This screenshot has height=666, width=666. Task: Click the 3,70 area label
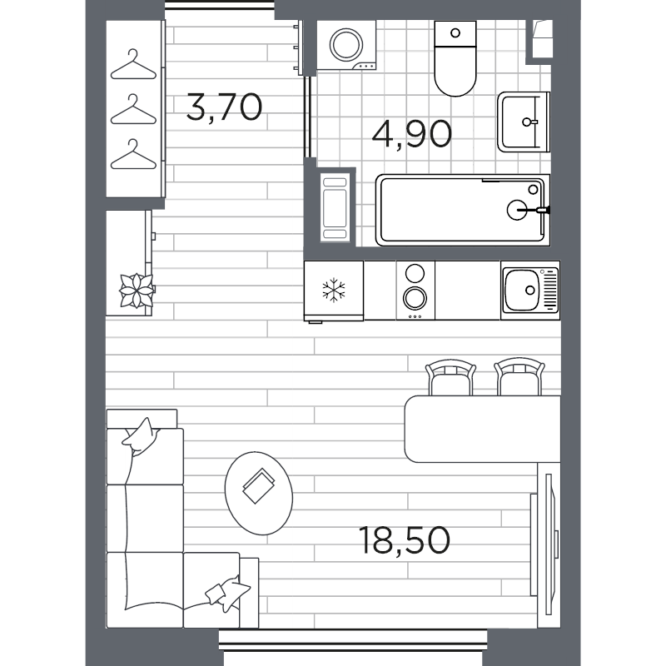point(225,108)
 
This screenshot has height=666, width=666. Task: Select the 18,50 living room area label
point(405,540)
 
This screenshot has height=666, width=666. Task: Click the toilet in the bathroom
point(455,60)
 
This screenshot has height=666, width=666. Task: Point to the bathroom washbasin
point(524,122)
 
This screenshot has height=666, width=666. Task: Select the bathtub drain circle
point(518,210)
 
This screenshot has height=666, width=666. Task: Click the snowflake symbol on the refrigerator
point(333,291)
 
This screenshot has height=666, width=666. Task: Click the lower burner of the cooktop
point(414,296)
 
